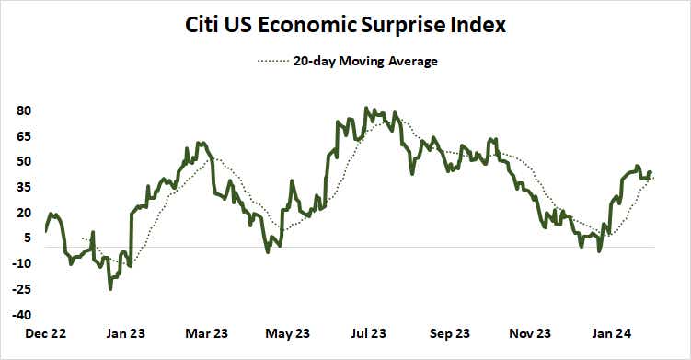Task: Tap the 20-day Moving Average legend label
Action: pos(365,62)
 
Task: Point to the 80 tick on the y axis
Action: pos(25,110)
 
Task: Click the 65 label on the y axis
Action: pos(25,136)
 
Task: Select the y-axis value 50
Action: pos(25,161)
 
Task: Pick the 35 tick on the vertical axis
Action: pos(25,187)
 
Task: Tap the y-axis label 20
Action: pos(25,212)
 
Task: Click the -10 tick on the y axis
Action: pos(23,263)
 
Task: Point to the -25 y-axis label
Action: pos(23,288)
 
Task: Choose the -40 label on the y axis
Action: pos(23,314)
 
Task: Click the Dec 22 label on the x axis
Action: pos(44,333)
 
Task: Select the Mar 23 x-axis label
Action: pos(208,333)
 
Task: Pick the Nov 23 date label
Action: pos(531,333)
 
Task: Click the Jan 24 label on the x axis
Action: pos(612,333)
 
